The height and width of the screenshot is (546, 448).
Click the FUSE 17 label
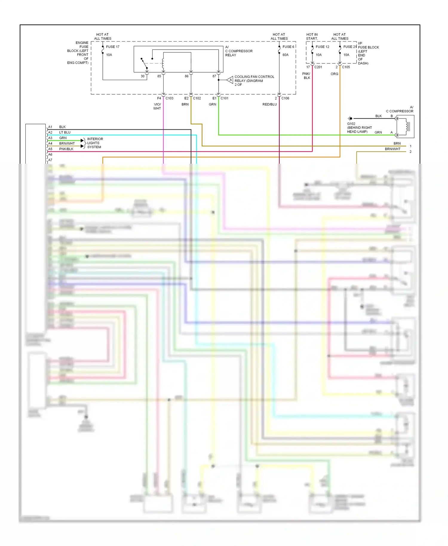(x=113, y=47)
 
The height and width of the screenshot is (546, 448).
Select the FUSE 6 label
(x=288, y=47)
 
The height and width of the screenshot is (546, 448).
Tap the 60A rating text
(x=286, y=55)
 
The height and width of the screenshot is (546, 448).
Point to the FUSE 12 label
(x=322, y=47)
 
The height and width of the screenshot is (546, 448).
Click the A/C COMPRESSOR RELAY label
(x=239, y=51)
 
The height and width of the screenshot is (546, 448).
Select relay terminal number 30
(x=142, y=76)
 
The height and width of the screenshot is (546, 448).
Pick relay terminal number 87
(x=214, y=76)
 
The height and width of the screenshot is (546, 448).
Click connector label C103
(x=169, y=98)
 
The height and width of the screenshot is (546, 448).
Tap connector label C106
(x=285, y=98)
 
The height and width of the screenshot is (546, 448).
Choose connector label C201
(x=318, y=67)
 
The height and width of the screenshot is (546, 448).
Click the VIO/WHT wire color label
(x=157, y=106)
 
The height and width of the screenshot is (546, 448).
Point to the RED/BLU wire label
(x=269, y=105)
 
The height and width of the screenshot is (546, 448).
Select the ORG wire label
(x=334, y=74)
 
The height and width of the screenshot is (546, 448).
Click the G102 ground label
(x=351, y=124)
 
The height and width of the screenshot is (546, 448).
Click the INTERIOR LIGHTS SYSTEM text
(x=95, y=143)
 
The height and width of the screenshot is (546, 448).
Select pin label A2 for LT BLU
(x=50, y=132)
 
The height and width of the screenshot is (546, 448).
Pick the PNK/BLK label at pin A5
(x=66, y=149)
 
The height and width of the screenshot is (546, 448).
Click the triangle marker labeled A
(x=230, y=80)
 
